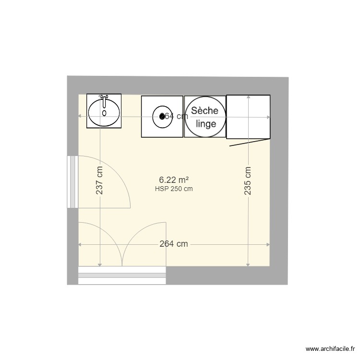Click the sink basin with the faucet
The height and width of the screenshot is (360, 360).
104,112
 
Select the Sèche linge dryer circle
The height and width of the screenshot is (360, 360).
204,117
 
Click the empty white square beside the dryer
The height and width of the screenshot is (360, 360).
248,117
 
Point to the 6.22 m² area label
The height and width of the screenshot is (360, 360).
173,180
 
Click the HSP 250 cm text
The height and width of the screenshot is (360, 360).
174,189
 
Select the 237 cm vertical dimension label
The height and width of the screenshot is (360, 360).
99,180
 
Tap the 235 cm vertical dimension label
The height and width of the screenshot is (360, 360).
248,180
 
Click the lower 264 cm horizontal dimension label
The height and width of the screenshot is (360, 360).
173,244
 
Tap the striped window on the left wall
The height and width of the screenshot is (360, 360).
72,181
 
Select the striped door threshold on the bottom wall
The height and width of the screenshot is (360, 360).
122,276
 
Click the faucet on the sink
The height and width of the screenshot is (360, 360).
104,99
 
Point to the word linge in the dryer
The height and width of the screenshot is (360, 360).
205,123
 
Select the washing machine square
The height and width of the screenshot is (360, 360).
162,117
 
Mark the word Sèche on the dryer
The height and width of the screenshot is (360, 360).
205,110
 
